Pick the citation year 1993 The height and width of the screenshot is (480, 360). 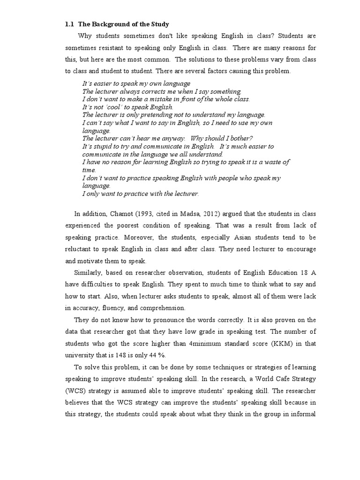pos(144,214)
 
